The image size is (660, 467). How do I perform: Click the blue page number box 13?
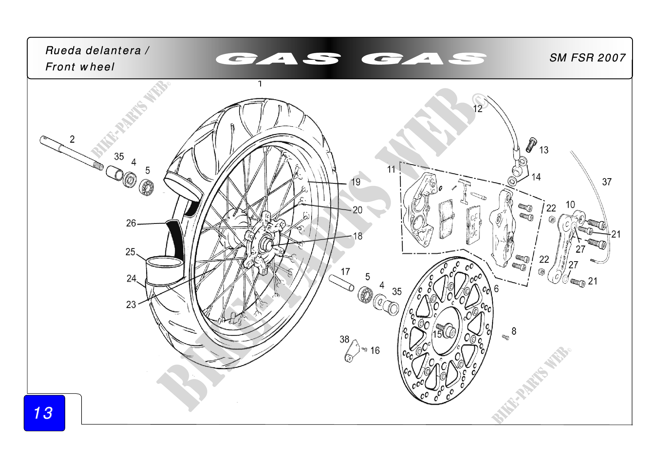tap(44, 413)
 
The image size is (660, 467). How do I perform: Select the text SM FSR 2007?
tap(587, 58)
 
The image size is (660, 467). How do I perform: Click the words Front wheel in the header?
tap(80, 67)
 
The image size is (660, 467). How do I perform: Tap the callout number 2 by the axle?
tap(72, 139)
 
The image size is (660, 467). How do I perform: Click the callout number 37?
tap(607, 182)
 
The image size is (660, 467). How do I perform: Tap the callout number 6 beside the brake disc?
tap(496, 289)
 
